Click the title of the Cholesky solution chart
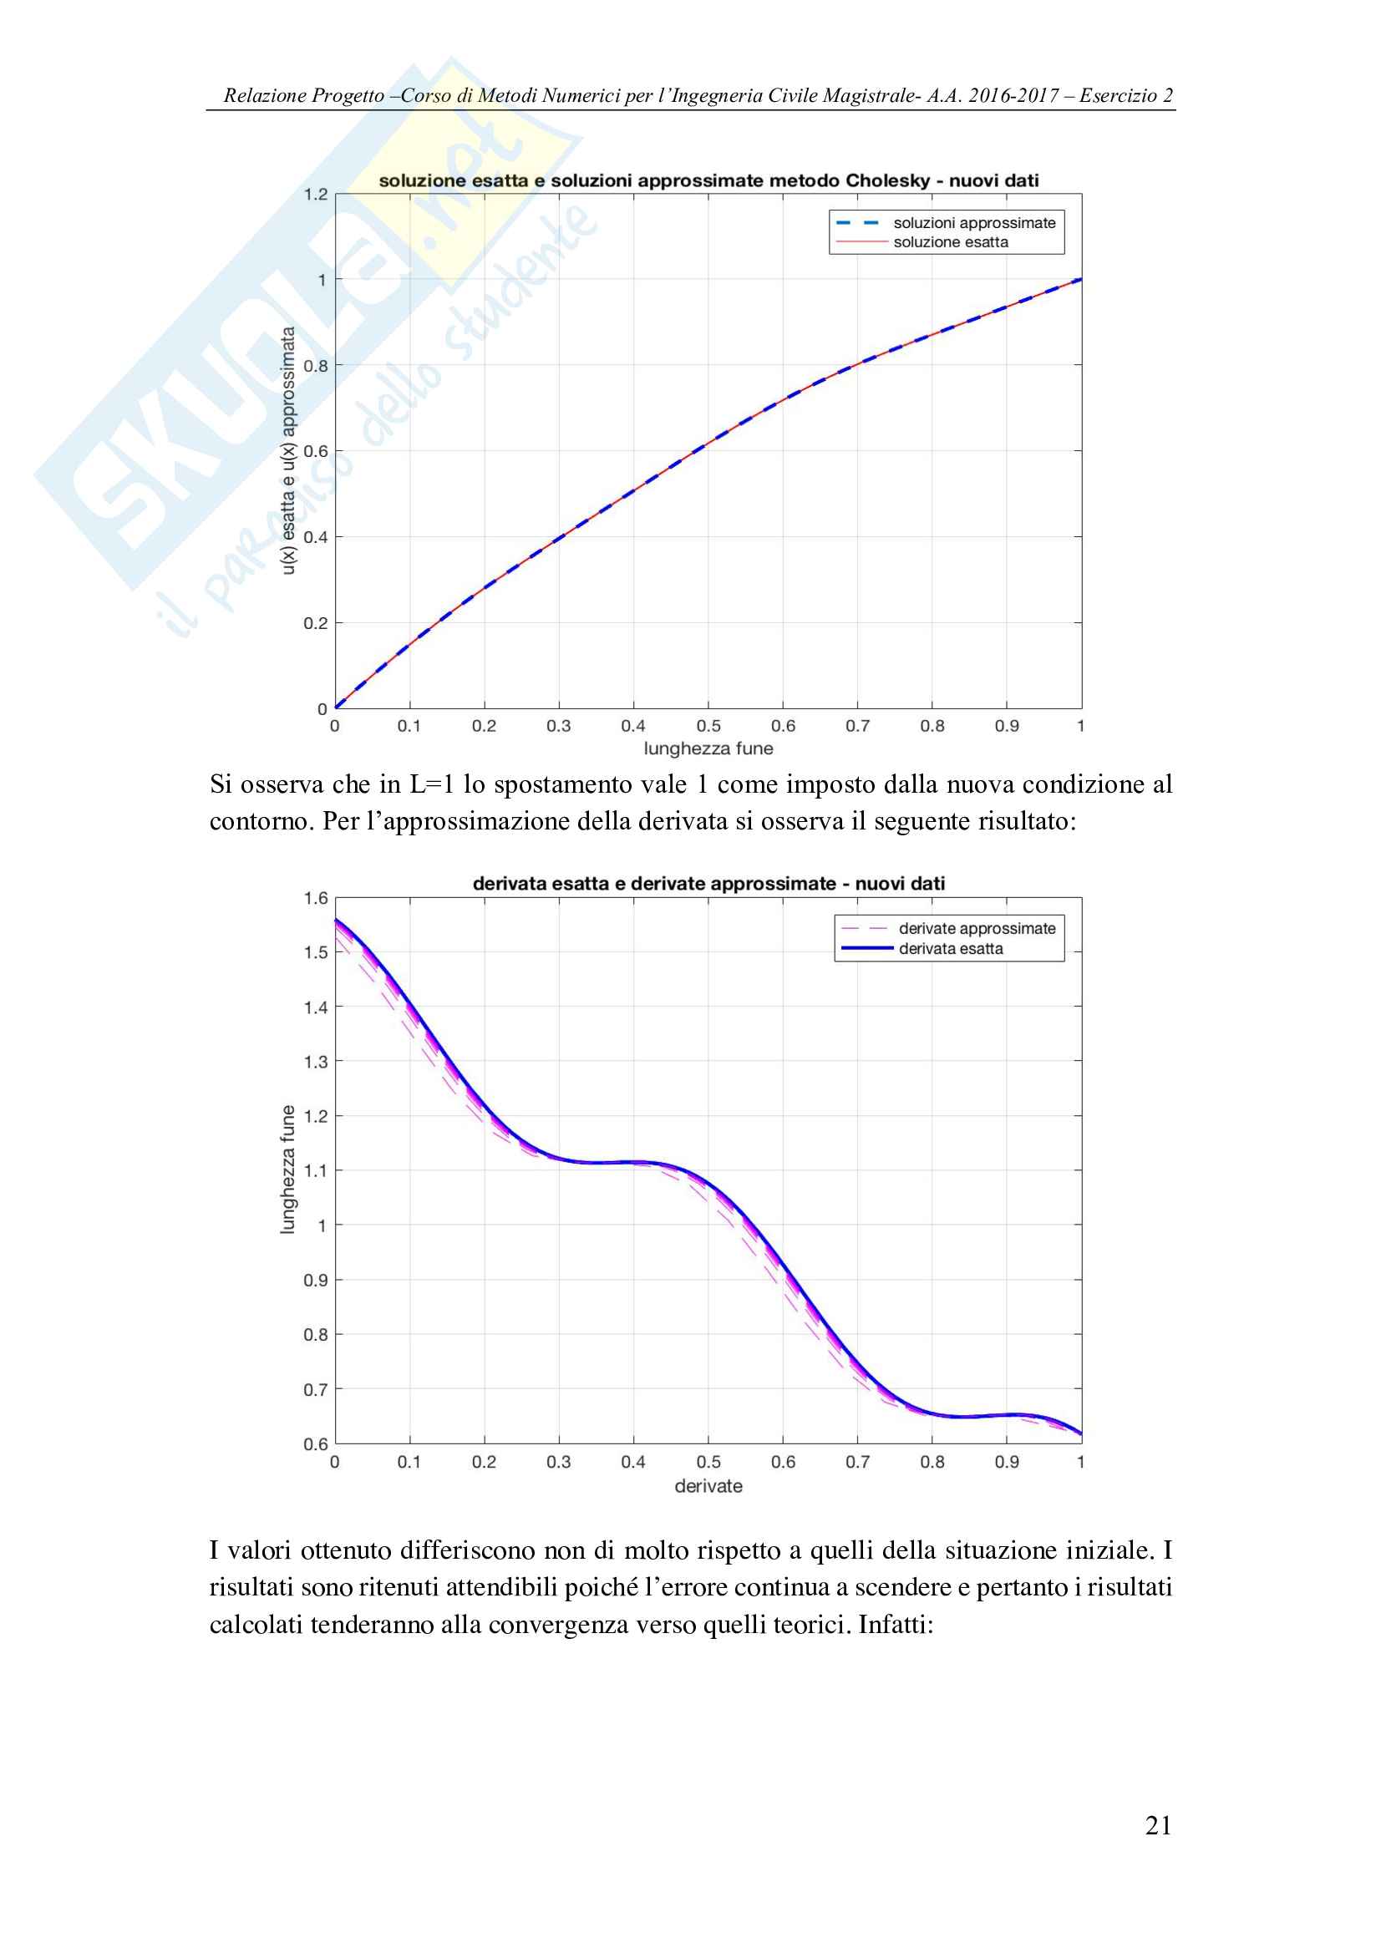coord(708,180)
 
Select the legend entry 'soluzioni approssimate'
coord(973,223)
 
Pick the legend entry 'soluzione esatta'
coord(951,242)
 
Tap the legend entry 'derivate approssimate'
coord(976,928)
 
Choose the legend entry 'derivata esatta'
coord(951,948)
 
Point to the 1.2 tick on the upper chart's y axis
coord(316,195)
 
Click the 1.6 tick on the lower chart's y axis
coord(316,898)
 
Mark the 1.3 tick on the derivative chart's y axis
coord(316,1062)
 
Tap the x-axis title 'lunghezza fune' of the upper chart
coord(708,748)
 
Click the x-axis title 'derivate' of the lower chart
coord(708,1486)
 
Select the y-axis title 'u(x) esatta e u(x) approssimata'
coord(288,450)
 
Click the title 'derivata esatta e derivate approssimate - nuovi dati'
coord(708,884)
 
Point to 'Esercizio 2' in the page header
coord(1125,95)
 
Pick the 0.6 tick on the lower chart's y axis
coord(316,1443)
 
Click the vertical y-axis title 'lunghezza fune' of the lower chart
coord(288,1169)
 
